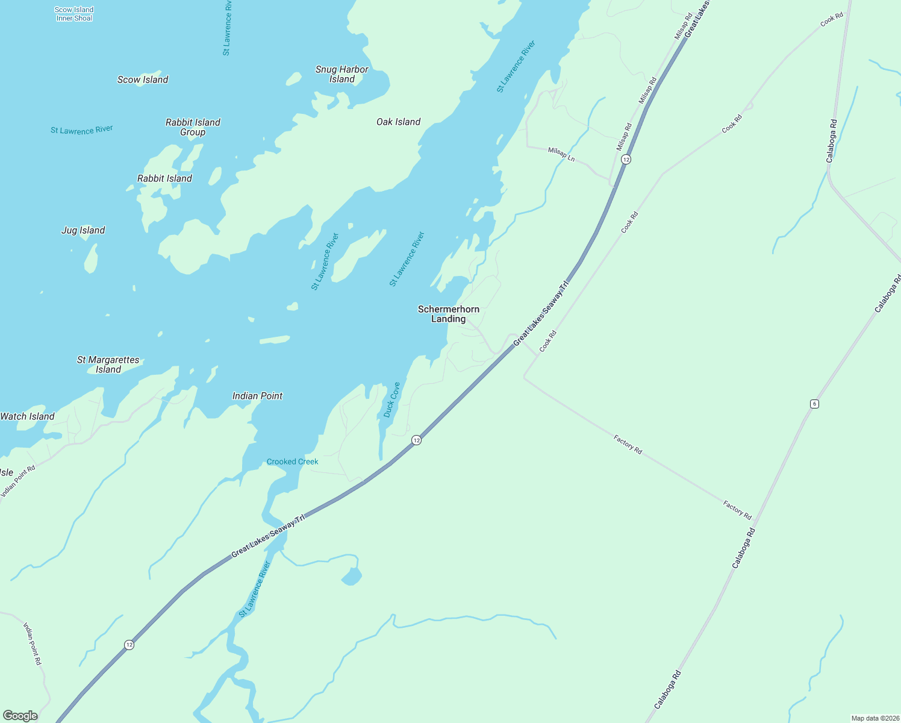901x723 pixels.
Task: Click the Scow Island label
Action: coord(143,80)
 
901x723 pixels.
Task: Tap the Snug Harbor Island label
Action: coord(341,74)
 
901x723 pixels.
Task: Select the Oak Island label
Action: coord(398,122)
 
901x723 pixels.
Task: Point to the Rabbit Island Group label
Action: coord(193,127)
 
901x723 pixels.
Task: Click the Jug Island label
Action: coord(83,230)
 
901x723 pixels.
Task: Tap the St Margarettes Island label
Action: coord(108,365)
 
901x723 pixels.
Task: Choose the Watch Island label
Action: coord(28,416)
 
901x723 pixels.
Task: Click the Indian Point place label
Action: coord(257,396)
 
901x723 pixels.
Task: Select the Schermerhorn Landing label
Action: coord(449,314)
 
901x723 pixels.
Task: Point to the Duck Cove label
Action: coord(391,399)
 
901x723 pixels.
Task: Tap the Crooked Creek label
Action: coord(292,462)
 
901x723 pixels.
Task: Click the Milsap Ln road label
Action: coord(561,154)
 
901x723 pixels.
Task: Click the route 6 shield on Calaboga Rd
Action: coord(814,404)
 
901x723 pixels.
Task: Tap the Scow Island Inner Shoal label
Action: coord(74,14)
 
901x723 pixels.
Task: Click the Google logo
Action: coord(20,716)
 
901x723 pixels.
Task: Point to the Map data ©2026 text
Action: coord(874,718)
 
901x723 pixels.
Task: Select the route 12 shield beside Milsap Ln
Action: coord(626,159)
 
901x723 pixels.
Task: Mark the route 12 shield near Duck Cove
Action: coord(416,440)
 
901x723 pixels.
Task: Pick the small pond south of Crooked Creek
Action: coord(352,577)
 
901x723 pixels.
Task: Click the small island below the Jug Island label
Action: coord(91,259)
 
